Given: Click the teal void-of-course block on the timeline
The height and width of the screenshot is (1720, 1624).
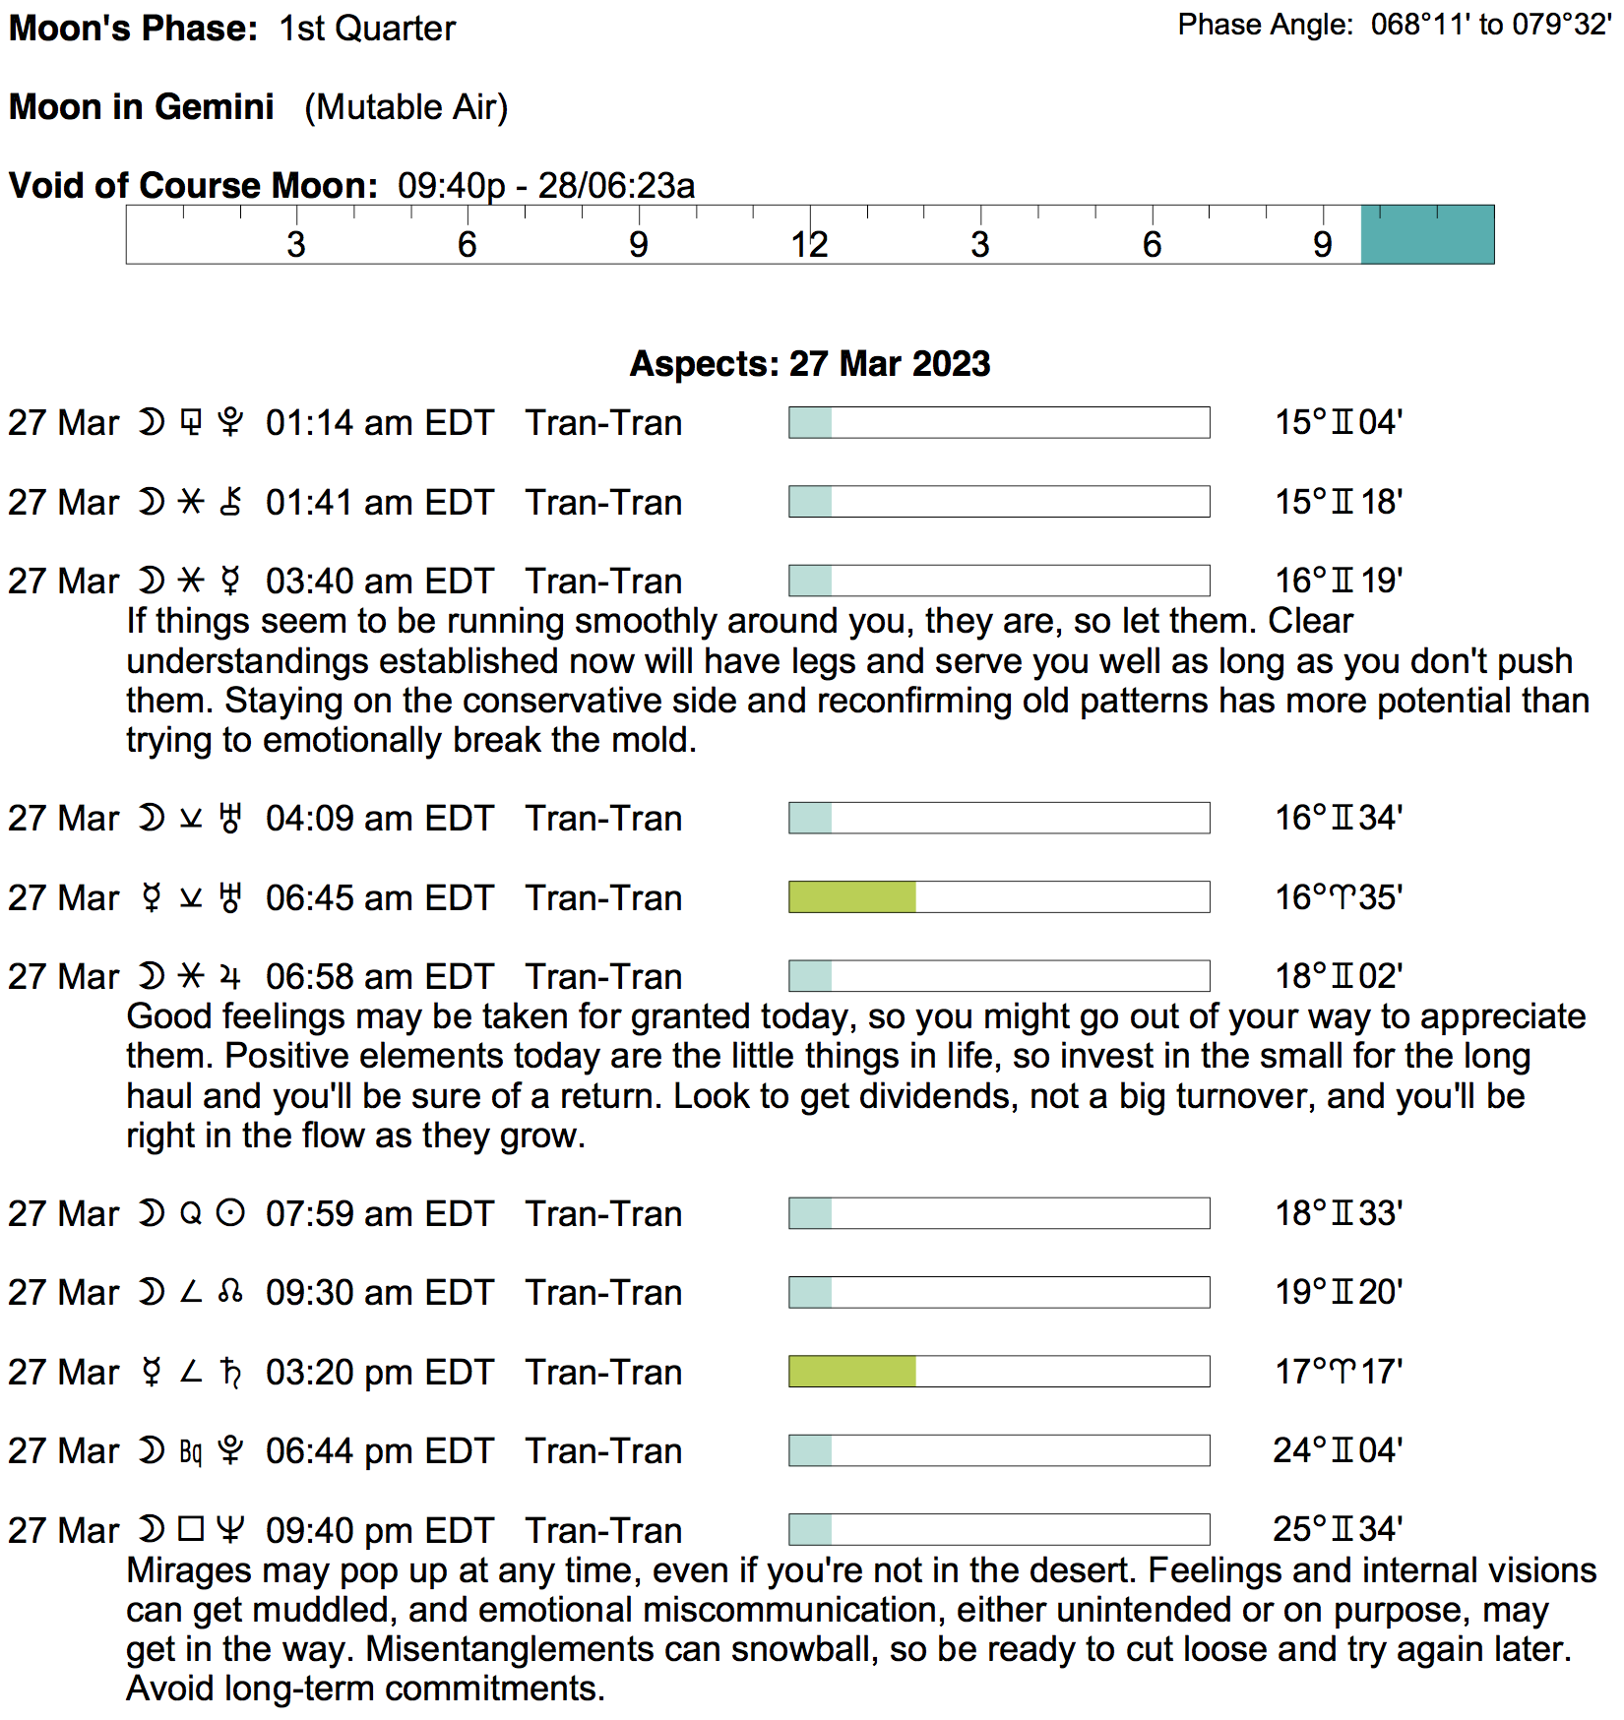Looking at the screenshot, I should [x=1427, y=235].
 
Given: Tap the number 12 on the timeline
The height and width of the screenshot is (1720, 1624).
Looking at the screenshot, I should [x=809, y=245].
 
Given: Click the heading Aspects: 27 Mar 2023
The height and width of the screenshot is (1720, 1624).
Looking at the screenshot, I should [x=810, y=364].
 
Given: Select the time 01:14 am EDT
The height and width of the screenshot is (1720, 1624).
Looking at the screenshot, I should [x=379, y=423].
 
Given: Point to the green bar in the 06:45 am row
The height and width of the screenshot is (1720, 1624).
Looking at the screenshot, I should [x=852, y=897].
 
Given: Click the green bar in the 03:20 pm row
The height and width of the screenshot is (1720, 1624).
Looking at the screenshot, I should [x=852, y=1372].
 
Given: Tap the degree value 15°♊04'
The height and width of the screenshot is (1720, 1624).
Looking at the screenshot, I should [x=1339, y=423].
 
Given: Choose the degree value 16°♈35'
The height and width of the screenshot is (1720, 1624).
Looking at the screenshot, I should [x=1339, y=897].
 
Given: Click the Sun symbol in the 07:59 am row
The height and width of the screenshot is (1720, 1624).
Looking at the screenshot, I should [x=230, y=1214].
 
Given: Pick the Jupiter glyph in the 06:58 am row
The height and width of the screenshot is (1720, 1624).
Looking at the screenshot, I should [x=230, y=977].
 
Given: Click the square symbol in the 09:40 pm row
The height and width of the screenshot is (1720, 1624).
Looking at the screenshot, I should [x=191, y=1530].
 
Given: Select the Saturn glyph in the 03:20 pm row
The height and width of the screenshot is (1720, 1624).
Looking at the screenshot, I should [x=230, y=1372].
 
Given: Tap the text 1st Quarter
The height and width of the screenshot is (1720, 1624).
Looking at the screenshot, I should [x=367, y=29].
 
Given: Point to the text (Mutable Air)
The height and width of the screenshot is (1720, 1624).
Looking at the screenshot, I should [x=406, y=106].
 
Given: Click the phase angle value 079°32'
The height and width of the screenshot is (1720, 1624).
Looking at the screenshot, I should [x=1562, y=25].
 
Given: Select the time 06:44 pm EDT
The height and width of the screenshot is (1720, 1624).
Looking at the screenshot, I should [x=379, y=1451].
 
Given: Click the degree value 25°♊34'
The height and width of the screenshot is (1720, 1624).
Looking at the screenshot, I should [x=1338, y=1530].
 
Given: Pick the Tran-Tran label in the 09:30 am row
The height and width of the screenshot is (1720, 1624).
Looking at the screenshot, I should [x=603, y=1293].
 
